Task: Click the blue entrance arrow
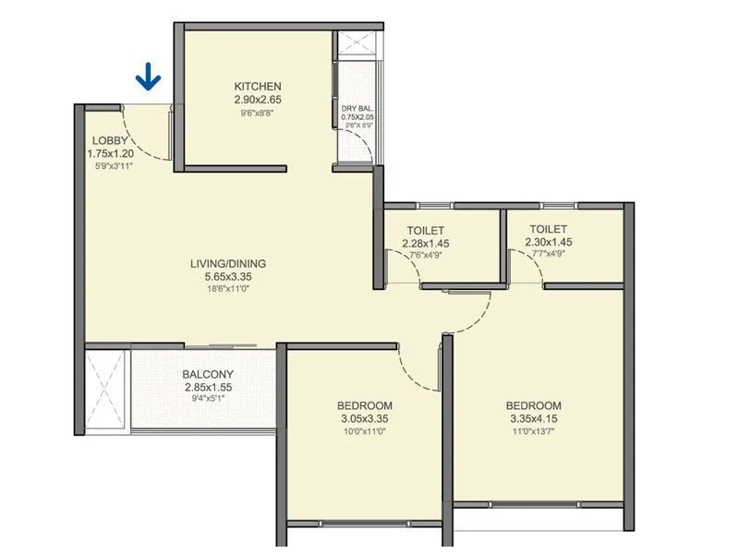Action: point(148,78)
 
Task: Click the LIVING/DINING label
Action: point(228,264)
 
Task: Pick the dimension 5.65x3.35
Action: point(228,276)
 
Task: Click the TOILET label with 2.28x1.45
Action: point(425,230)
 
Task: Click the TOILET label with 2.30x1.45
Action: point(549,229)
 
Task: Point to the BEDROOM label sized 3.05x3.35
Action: point(364,405)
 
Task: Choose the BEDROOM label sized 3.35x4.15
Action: point(533,405)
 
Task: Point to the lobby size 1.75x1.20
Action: point(111,153)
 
